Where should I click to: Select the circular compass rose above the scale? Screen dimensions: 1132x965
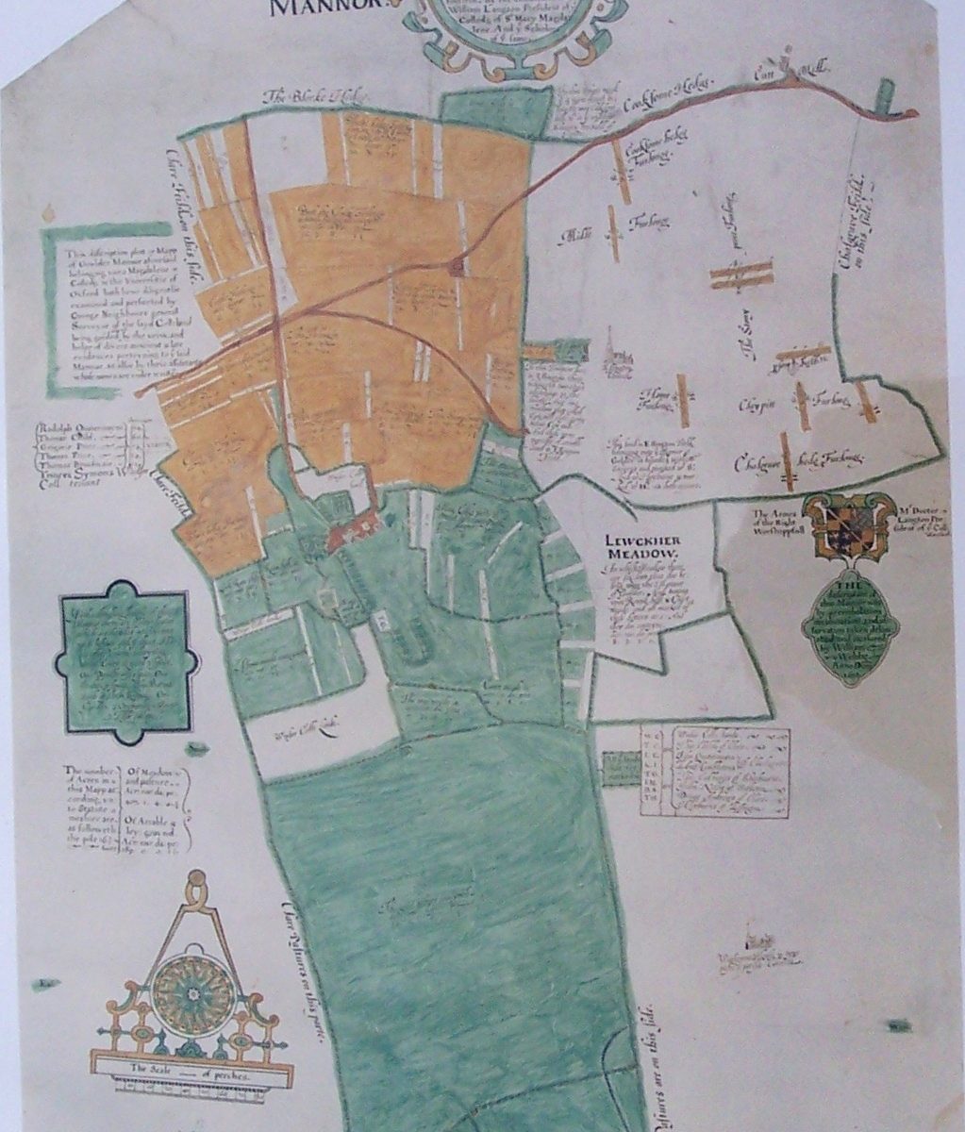[191, 992]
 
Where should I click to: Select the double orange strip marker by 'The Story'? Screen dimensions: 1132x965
[740, 274]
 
